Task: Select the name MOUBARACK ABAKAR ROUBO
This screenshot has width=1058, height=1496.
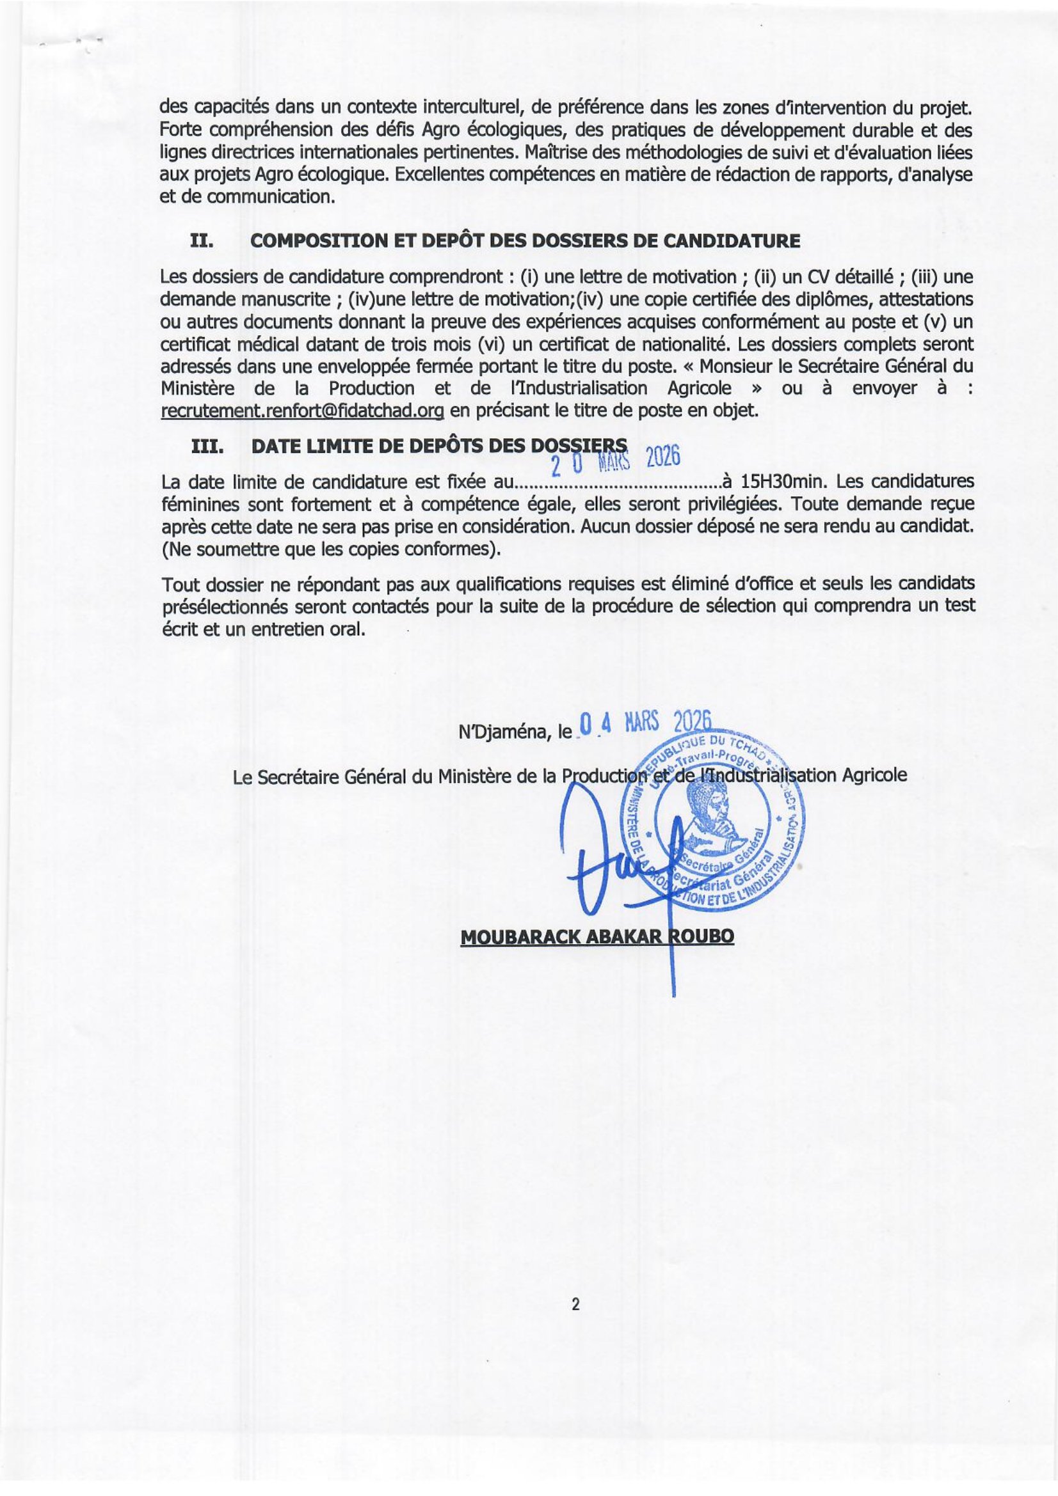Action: click(597, 937)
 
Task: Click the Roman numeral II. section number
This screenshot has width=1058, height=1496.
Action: click(200, 240)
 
